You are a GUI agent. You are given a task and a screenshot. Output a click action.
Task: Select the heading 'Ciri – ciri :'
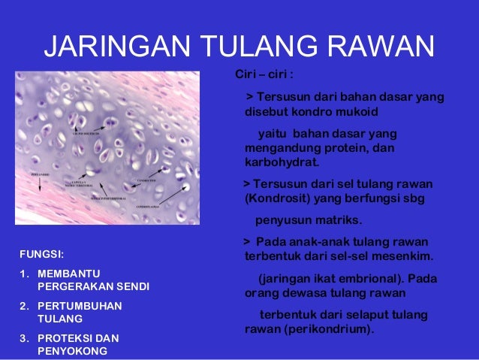tap(264, 77)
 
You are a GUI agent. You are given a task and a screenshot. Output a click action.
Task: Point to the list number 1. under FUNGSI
tap(23, 273)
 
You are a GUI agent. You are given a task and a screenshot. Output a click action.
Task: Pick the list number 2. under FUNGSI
tap(23, 306)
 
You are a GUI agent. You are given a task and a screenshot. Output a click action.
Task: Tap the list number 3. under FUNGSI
tap(23, 337)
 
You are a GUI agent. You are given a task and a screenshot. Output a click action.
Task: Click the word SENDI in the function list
tap(134, 286)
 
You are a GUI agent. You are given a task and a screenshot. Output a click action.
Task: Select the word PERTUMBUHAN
tap(79, 306)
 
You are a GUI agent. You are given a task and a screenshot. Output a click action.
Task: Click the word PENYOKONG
tap(72, 351)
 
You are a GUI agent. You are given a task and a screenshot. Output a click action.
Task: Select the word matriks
tap(339, 220)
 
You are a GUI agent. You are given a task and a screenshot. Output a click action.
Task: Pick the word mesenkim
tap(405, 256)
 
